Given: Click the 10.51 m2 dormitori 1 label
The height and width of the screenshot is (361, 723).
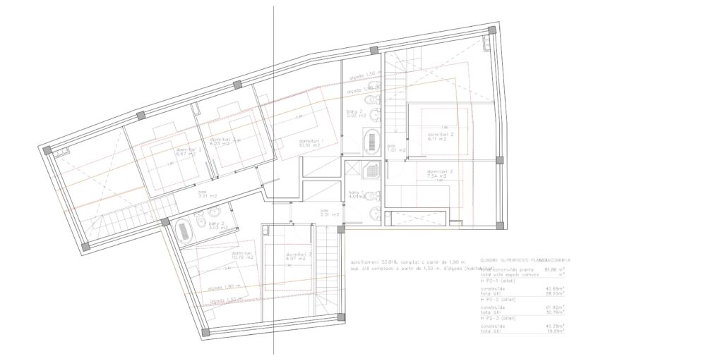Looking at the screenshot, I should pyautogui.click(x=311, y=143).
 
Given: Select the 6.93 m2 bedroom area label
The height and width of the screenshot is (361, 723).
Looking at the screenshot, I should pyautogui.click(x=227, y=142).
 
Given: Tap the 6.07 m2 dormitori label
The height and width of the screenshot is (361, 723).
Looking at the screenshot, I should pyautogui.click(x=299, y=257).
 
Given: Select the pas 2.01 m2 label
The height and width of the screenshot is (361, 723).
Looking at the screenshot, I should pyautogui.click(x=325, y=212).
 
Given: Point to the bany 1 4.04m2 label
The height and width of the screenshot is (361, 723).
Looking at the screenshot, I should pyautogui.click(x=354, y=195).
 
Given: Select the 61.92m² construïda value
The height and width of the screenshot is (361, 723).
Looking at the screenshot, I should pyautogui.click(x=556, y=307).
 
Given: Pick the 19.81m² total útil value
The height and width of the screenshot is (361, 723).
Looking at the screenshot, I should pyautogui.click(x=556, y=330).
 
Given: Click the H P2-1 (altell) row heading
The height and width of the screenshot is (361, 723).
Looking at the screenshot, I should pyautogui.click(x=499, y=280).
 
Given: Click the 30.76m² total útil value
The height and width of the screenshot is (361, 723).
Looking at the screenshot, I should pyautogui.click(x=556, y=312).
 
